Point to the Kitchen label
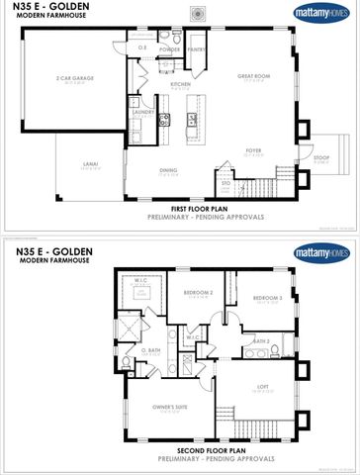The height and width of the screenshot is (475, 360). click(x=180, y=85)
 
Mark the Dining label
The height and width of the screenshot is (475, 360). click(x=168, y=170)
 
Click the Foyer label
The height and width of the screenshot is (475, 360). click(x=253, y=151)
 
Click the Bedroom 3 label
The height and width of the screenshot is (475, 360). click(x=267, y=298)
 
